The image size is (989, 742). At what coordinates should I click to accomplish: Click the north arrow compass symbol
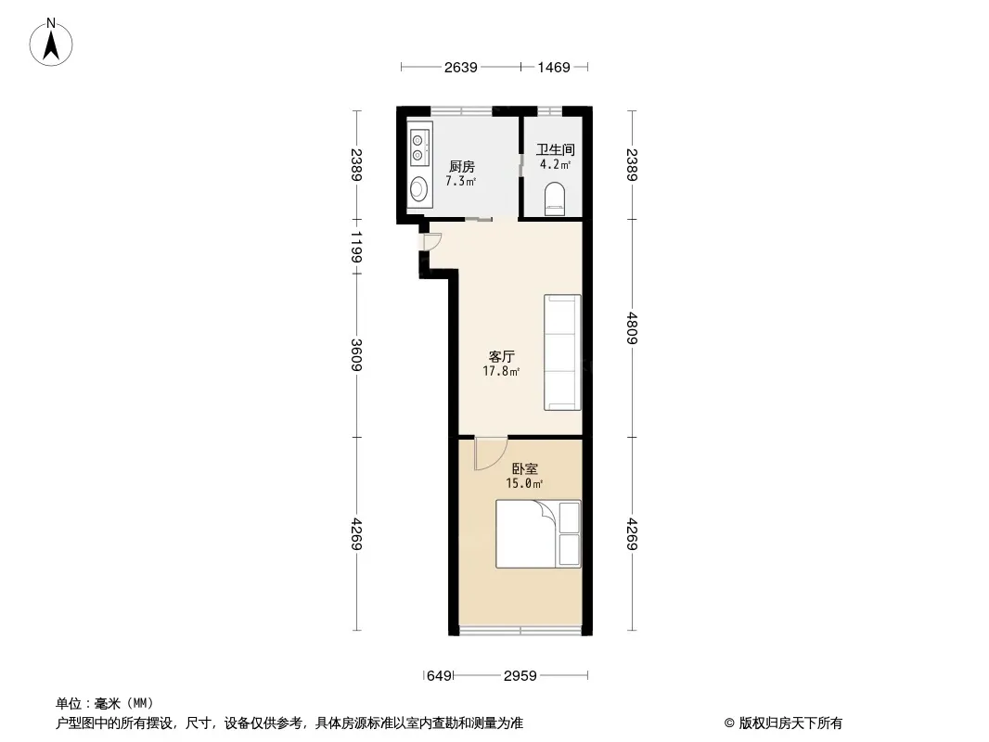51,43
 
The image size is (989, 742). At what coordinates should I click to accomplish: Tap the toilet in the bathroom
555,198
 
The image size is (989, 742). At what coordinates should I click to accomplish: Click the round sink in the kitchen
418,188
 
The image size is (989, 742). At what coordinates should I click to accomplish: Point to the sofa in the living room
562,352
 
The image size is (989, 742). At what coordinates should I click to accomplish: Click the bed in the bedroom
538,534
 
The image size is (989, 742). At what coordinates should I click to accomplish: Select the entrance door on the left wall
431,242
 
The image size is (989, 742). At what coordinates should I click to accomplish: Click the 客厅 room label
501,356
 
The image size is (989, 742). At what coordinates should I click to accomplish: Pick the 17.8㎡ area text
501,371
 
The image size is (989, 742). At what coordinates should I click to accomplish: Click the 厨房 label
462,166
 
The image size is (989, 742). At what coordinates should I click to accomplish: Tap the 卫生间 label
555,149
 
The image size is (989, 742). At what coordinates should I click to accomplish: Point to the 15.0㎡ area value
524,483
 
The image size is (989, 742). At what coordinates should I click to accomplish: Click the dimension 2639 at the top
460,67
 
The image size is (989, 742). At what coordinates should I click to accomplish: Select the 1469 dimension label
554,67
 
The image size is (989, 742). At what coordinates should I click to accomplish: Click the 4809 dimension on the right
632,327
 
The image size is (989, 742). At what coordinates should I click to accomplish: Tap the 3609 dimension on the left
356,355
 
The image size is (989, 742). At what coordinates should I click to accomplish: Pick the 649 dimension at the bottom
439,676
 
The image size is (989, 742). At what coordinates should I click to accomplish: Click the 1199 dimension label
356,247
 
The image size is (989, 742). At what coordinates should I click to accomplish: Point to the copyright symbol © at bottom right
729,723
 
